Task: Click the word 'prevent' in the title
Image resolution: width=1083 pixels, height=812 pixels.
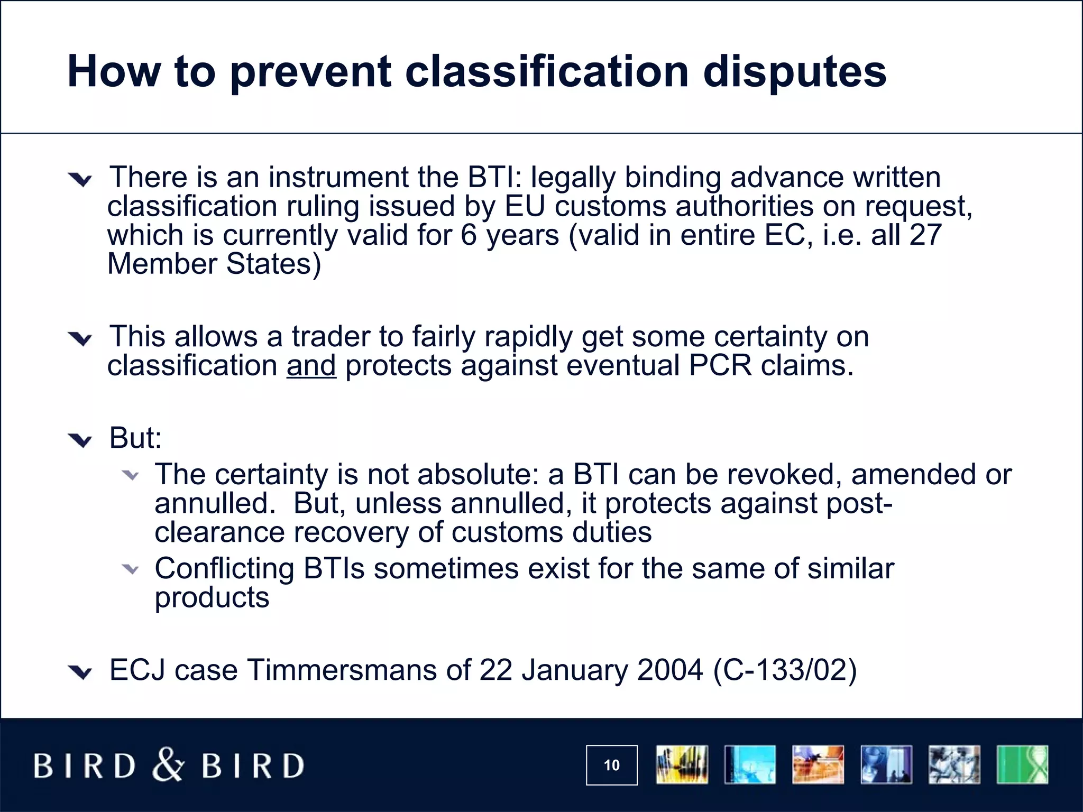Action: [x=310, y=72]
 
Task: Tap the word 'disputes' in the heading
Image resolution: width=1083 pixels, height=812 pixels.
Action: [x=794, y=72]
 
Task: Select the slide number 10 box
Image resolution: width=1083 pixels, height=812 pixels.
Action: [x=611, y=765]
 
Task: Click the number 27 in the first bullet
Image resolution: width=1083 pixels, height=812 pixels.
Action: [x=925, y=235]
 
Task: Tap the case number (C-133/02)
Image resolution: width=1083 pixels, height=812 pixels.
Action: [x=785, y=670]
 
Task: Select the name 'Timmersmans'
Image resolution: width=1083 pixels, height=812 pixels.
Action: [x=342, y=670]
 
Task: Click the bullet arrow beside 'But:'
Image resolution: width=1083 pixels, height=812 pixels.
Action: [x=80, y=440]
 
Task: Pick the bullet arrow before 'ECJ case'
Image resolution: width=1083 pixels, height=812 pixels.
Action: [x=80, y=672]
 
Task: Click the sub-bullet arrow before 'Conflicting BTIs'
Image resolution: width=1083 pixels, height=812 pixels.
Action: [x=130, y=569]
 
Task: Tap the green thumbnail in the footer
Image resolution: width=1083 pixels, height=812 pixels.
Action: [x=1022, y=764]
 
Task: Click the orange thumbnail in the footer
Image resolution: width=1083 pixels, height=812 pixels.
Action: [x=818, y=764]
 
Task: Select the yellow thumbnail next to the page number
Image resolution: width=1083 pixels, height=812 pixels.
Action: [x=682, y=764]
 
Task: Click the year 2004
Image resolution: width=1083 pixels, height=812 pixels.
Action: [x=670, y=670]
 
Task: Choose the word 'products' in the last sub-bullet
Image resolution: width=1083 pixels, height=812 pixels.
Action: [x=212, y=598]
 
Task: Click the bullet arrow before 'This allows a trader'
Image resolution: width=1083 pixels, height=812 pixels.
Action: [x=80, y=338]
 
